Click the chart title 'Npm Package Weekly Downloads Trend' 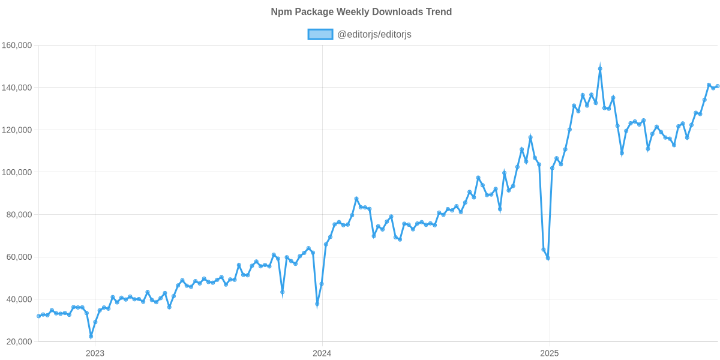click(x=361, y=12)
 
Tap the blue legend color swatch click(x=320, y=34)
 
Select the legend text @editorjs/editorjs click(x=374, y=34)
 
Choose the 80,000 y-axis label click(x=18, y=215)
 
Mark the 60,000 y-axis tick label click(x=18, y=257)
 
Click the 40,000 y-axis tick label click(x=18, y=299)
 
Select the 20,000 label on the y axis click(x=18, y=341)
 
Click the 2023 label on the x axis click(x=95, y=353)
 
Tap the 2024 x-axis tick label click(x=322, y=353)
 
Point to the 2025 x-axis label click(x=549, y=353)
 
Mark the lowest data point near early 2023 click(x=91, y=337)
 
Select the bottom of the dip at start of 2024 click(x=317, y=304)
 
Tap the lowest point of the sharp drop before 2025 click(x=548, y=258)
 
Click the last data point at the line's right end click(x=718, y=86)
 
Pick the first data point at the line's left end click(x=38, y=316)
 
